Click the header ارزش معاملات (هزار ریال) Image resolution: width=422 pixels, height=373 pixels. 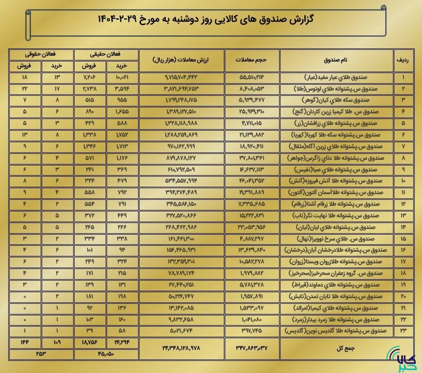(x=182, y=60)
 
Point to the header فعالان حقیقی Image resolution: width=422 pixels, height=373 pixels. (x=106, y=55)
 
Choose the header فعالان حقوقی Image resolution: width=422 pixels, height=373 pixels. (x=41, y=55)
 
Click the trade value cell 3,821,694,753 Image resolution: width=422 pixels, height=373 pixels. (x=182, y=89)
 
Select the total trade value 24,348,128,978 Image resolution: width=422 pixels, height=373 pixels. (x=182, y=347)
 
